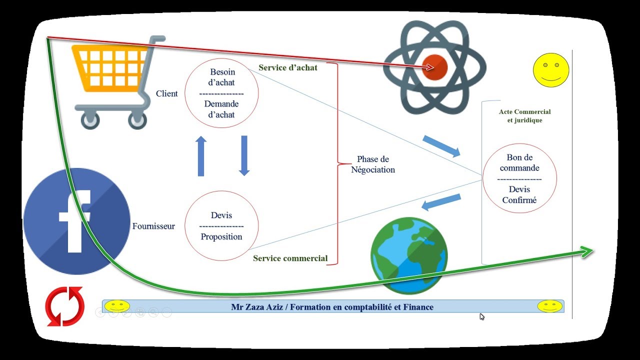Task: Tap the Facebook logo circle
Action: pyautogui.click(x=76, y=221)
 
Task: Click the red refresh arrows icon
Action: pyautogui.click(x=64, y=306)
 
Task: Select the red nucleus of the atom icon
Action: pyautogui.click(x=434, y=67)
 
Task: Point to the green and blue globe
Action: pyautogui.click(x=409, y=255)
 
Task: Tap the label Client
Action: pyautogui.click(x=167, y=93)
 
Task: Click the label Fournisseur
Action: pyautogui.click(x=153, y=226)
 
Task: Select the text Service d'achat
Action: pyautogui.click(x=287, y=67)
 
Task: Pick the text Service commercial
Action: pyautogui.click(x=290, y=258)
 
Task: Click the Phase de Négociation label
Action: pyautogui.click(x=373, y=164)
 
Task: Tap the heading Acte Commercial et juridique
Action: pyautogui.click(x=524, y=116)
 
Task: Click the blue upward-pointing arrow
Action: pyautogui.click(x=201, y=156)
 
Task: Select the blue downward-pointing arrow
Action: pyautogui.click(x=244, y=155)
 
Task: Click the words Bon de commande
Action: pyautogui.click(x=519, y=162)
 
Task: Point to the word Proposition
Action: pyautogui.click(x=221, y=236)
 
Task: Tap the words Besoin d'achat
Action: pyautogui.click(x=222, y=77)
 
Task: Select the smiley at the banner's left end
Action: pyautogui.click(x=117, y=306)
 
